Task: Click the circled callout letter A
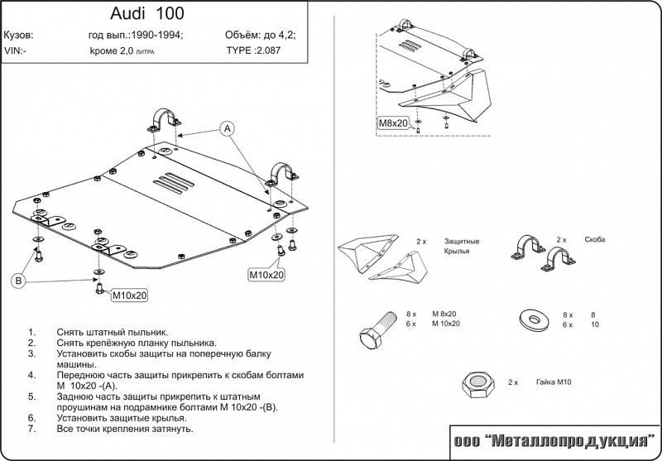click(228, 127)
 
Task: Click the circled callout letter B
click(17, 280)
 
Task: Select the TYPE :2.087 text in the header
click(255, 50)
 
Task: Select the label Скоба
click(593, 239)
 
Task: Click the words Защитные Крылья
click(462, 246)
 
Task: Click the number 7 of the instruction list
click(31, 429)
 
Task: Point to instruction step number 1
click(31, 330)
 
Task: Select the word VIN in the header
click(13, 50)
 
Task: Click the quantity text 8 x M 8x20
click(430, 315)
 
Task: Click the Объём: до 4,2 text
click(260, 36)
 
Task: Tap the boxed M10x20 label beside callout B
click(129, 295)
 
